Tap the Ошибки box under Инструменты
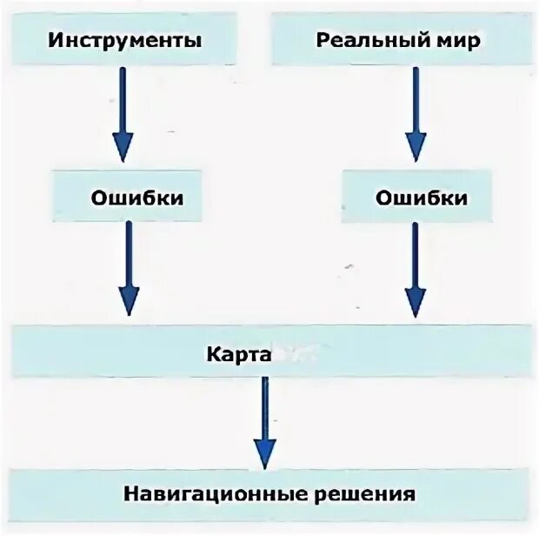tap(136, 198)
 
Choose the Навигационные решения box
tap(268, 494)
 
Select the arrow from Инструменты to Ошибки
tap(123, 113)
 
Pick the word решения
tap(365, 494)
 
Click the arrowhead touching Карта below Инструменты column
tap(129, 301)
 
